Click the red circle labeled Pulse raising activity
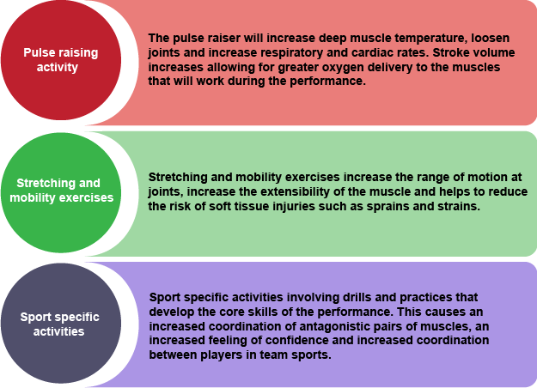[61, 60]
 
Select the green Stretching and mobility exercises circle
[61, 192]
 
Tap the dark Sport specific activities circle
[61, 324]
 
